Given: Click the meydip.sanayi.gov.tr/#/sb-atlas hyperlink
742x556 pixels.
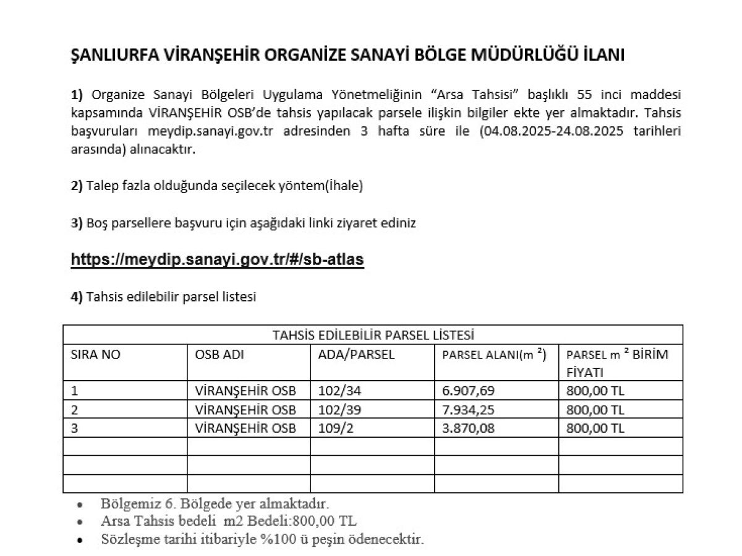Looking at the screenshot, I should pyautogui.click(x=217, y=259).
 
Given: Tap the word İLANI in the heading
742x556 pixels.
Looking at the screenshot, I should pyautogui.click(x=604, y=55).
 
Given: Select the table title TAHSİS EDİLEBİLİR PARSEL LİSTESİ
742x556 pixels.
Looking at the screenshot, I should pyautogui.click(x=373, y=335).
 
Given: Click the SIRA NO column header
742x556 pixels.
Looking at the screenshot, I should pyautogui.click(x=96, y=355).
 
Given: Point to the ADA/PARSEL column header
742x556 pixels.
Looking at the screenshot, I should pyautogui.click(x=356, y=355).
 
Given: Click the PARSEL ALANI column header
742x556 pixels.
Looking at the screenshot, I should pyautogui.click(x=494, y=355).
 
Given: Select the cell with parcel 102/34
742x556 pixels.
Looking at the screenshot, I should pyautogui.click(x=338, y=391).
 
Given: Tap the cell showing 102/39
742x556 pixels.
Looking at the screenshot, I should pyautogui.click(x=338, y=410).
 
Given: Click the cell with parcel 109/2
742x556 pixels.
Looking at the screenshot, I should pyautogui.click(x=335, y=428).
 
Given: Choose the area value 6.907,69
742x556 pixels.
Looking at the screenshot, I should pyautogui.click(x=468, y=391).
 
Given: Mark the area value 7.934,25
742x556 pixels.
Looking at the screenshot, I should pyautogui.click(x=468, y=410).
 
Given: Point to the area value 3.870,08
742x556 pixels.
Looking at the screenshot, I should pyautogui.click(x=468, y=428).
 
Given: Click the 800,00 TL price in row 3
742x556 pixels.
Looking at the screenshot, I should pyautogui.click(x=595, y=428).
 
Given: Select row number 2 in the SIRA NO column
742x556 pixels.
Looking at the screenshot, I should pyautogui.click(x=75, y=410).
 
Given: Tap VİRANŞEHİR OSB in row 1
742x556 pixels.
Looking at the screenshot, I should pyautogui.click(x=245, y=391).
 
